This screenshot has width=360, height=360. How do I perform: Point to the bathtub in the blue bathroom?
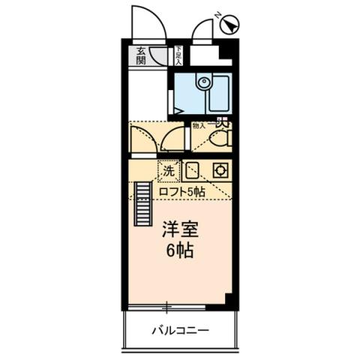click(x=217, y=94)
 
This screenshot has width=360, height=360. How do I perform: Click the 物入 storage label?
click(x=198, y=126)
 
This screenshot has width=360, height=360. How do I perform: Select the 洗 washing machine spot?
click(x=169, y=170)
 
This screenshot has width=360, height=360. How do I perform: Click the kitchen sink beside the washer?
click(x=192, y=170)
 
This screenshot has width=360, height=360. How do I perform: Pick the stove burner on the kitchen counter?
click(x=220, y=170)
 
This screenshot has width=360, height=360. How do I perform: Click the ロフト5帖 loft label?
click(x=181, y=192)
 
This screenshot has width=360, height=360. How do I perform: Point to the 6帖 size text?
click(x=180, y=251)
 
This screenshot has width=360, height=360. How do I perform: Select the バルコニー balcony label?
click(x=180, y=330)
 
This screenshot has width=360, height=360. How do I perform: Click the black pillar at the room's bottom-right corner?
click(x=232, y=300)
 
